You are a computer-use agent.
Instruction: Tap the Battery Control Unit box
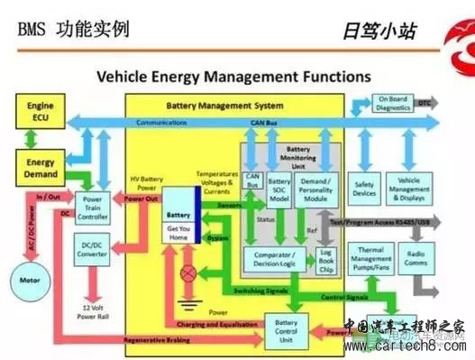coord(286,328)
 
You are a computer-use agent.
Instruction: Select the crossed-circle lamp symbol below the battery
coord(189,272)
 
